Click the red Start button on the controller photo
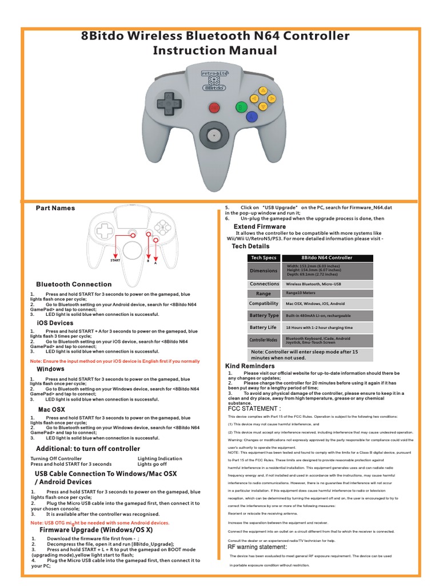coord(214,107)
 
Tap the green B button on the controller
coord(241,107)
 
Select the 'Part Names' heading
coord(55,208)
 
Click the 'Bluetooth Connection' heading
coord(74,284)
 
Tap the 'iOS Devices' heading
coord(55,323)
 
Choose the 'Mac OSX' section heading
coord(51,410)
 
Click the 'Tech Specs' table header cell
coord(264,258)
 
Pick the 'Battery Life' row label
coord(264,327)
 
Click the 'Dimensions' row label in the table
coord(264,271)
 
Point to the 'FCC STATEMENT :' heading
coord(246,409)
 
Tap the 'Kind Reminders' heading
coord(250,366)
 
